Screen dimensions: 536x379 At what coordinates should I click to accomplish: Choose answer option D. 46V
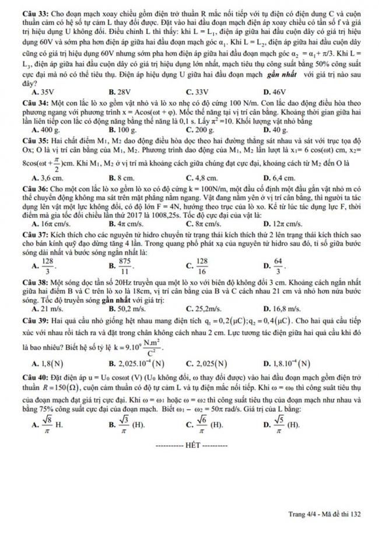point(275,92)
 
